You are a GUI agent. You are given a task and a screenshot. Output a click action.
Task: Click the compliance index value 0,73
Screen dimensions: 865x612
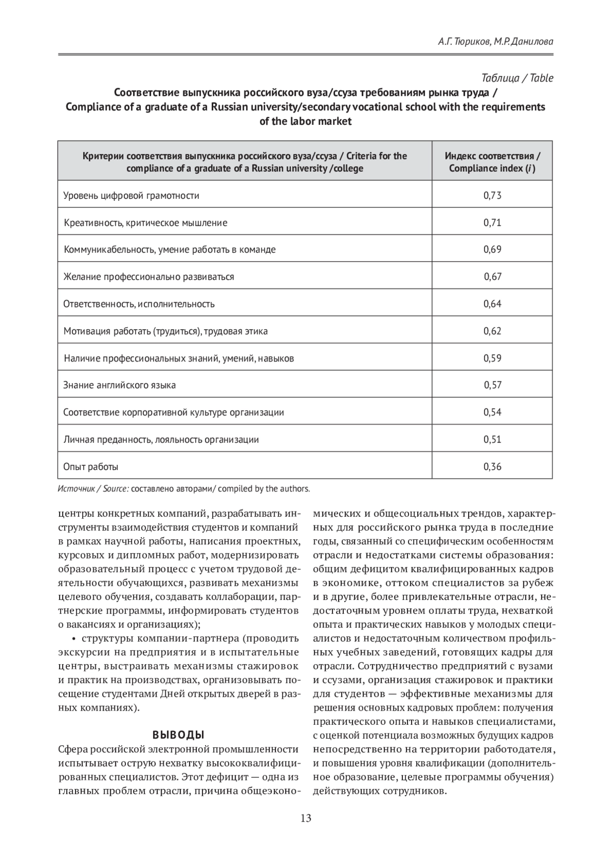pyautogui.click(x=492, y=195)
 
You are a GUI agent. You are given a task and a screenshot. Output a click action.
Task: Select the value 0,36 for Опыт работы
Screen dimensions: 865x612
pyautogui.click(x=492, y=466)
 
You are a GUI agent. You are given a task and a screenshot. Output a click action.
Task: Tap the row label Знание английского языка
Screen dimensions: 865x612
pyautogui.click(x=119, y=385)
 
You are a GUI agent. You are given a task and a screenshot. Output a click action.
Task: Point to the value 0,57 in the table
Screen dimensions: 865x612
pyautogui.click(x=493, y=385)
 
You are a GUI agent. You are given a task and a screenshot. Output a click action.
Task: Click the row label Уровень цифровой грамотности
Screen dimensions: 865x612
pyautogui.click(x=131, y=195)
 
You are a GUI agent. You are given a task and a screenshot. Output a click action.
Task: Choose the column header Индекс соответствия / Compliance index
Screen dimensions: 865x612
pyautogui.click(x=492, y=162)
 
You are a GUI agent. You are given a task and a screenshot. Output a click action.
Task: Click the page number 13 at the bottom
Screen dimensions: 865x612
pyautogui.click(x=305, y=818)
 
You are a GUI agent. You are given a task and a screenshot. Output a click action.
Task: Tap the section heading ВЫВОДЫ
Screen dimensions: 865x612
pyautogui.click(x=178, y=735)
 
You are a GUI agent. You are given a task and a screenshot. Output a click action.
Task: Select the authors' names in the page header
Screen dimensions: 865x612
pyautogui.click(x=495, y=42)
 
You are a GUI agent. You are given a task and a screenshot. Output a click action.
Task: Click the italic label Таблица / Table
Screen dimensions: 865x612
pyautogui.click(x=517, y=78)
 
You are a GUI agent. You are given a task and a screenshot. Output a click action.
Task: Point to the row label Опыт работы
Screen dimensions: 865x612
pyautogui.click(x=91, y=466)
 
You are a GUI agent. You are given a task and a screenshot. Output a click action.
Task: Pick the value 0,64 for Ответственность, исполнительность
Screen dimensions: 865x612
pyautogui.click(x=492, y=304)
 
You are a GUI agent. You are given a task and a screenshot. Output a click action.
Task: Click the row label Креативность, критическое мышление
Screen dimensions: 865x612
pyautogui.click(x=145, y=223)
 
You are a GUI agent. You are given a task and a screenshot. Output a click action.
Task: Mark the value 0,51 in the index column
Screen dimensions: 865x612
pyautogui.click(x=492, y=439)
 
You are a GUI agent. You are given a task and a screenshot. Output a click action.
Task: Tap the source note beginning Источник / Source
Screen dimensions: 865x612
pyautogui.click(x=184, y=489)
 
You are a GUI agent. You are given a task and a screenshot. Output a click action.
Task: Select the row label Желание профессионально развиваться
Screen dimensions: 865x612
pyautogui.click(x=148, y=277)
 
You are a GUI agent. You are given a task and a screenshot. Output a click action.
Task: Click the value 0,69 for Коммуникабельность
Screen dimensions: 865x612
pyautogui.click(x=492, y=249)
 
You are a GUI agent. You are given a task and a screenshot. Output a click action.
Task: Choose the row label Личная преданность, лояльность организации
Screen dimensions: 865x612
pyautogui.click(x=161, y=439)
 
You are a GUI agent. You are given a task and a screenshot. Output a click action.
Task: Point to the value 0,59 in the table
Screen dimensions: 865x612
pyautogui.click(x=492, y=358)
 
